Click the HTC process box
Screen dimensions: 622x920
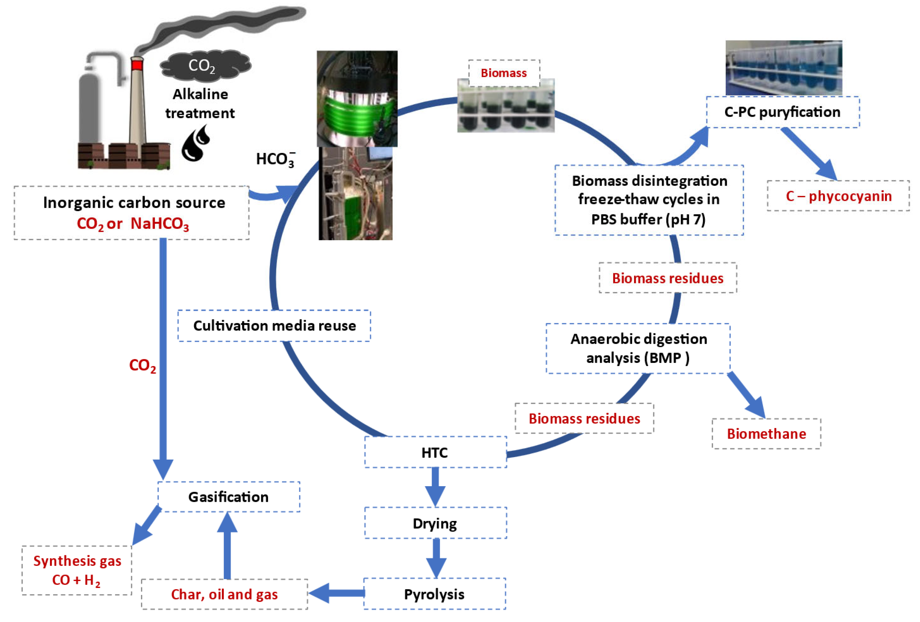(435, 452)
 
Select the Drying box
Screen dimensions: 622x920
(435, 523)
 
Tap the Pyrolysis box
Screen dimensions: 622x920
(434, 594)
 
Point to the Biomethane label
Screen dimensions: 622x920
(766, 433)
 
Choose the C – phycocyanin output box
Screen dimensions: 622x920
(838, 195)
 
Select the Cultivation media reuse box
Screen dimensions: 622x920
(274, 326)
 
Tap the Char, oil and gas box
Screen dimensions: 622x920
(224, 594)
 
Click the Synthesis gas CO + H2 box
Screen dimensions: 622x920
(77, 570)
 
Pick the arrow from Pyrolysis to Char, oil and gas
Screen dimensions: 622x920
(336, 593)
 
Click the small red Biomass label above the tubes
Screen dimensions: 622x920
(504, 73)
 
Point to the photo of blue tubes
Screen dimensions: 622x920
(783, 68)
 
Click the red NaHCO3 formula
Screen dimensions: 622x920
(160, 224)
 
